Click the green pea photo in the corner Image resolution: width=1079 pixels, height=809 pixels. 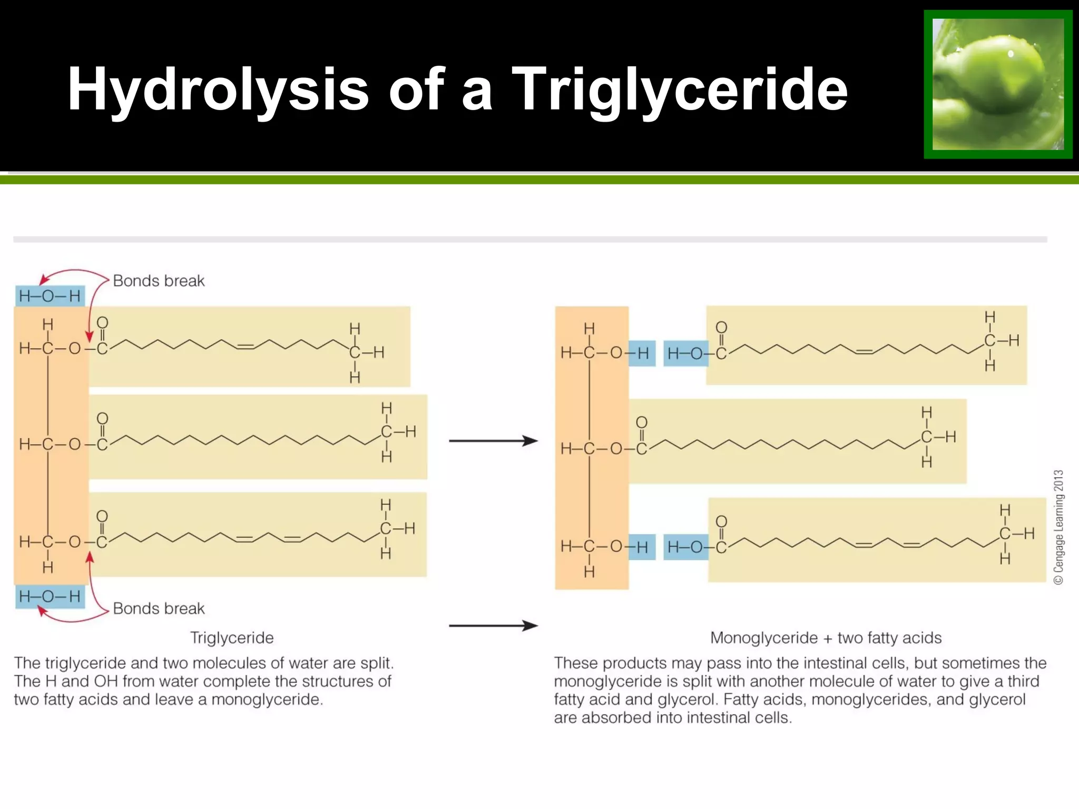pos(998,84)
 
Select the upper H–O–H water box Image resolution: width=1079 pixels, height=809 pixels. pos(50,296)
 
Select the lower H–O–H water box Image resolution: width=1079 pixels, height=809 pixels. pos(50,597)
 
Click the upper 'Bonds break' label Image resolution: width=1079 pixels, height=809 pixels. pos(159,281)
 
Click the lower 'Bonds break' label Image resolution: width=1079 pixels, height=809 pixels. pos(159,608)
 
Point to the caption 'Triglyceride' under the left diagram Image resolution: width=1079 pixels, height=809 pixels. pos(232,638)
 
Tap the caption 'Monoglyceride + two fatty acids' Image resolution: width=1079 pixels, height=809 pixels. pos(826,638)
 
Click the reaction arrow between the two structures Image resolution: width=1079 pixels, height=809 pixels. pos(493,441)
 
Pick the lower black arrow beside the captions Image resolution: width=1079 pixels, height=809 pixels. pos(493,626)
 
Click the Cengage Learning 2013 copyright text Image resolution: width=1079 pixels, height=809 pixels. pos(1058,527)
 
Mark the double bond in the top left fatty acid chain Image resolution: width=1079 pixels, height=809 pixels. pos(246,346)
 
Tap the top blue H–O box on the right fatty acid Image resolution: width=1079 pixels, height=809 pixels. pos(685,353)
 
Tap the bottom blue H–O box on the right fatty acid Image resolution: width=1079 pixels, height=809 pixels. pos(685,547)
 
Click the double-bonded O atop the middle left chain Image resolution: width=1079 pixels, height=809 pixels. pos(102,419)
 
